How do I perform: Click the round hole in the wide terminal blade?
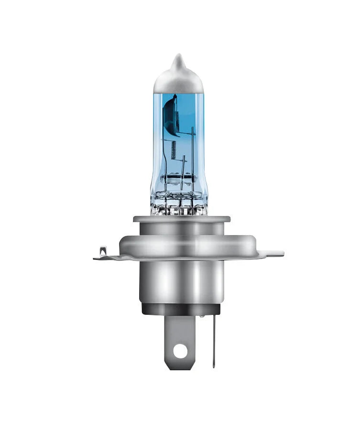[x=179, y=351]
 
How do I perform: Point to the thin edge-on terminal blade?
[x=213, y=339]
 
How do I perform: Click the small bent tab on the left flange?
[x=103, y=251]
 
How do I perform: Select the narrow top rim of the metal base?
[x=181, y=219]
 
